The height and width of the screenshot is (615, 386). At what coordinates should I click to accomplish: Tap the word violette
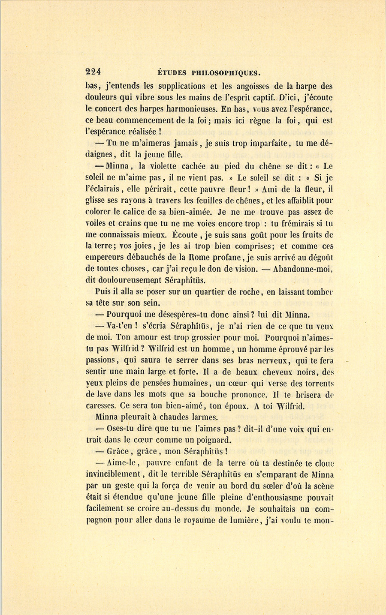(163, 166)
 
